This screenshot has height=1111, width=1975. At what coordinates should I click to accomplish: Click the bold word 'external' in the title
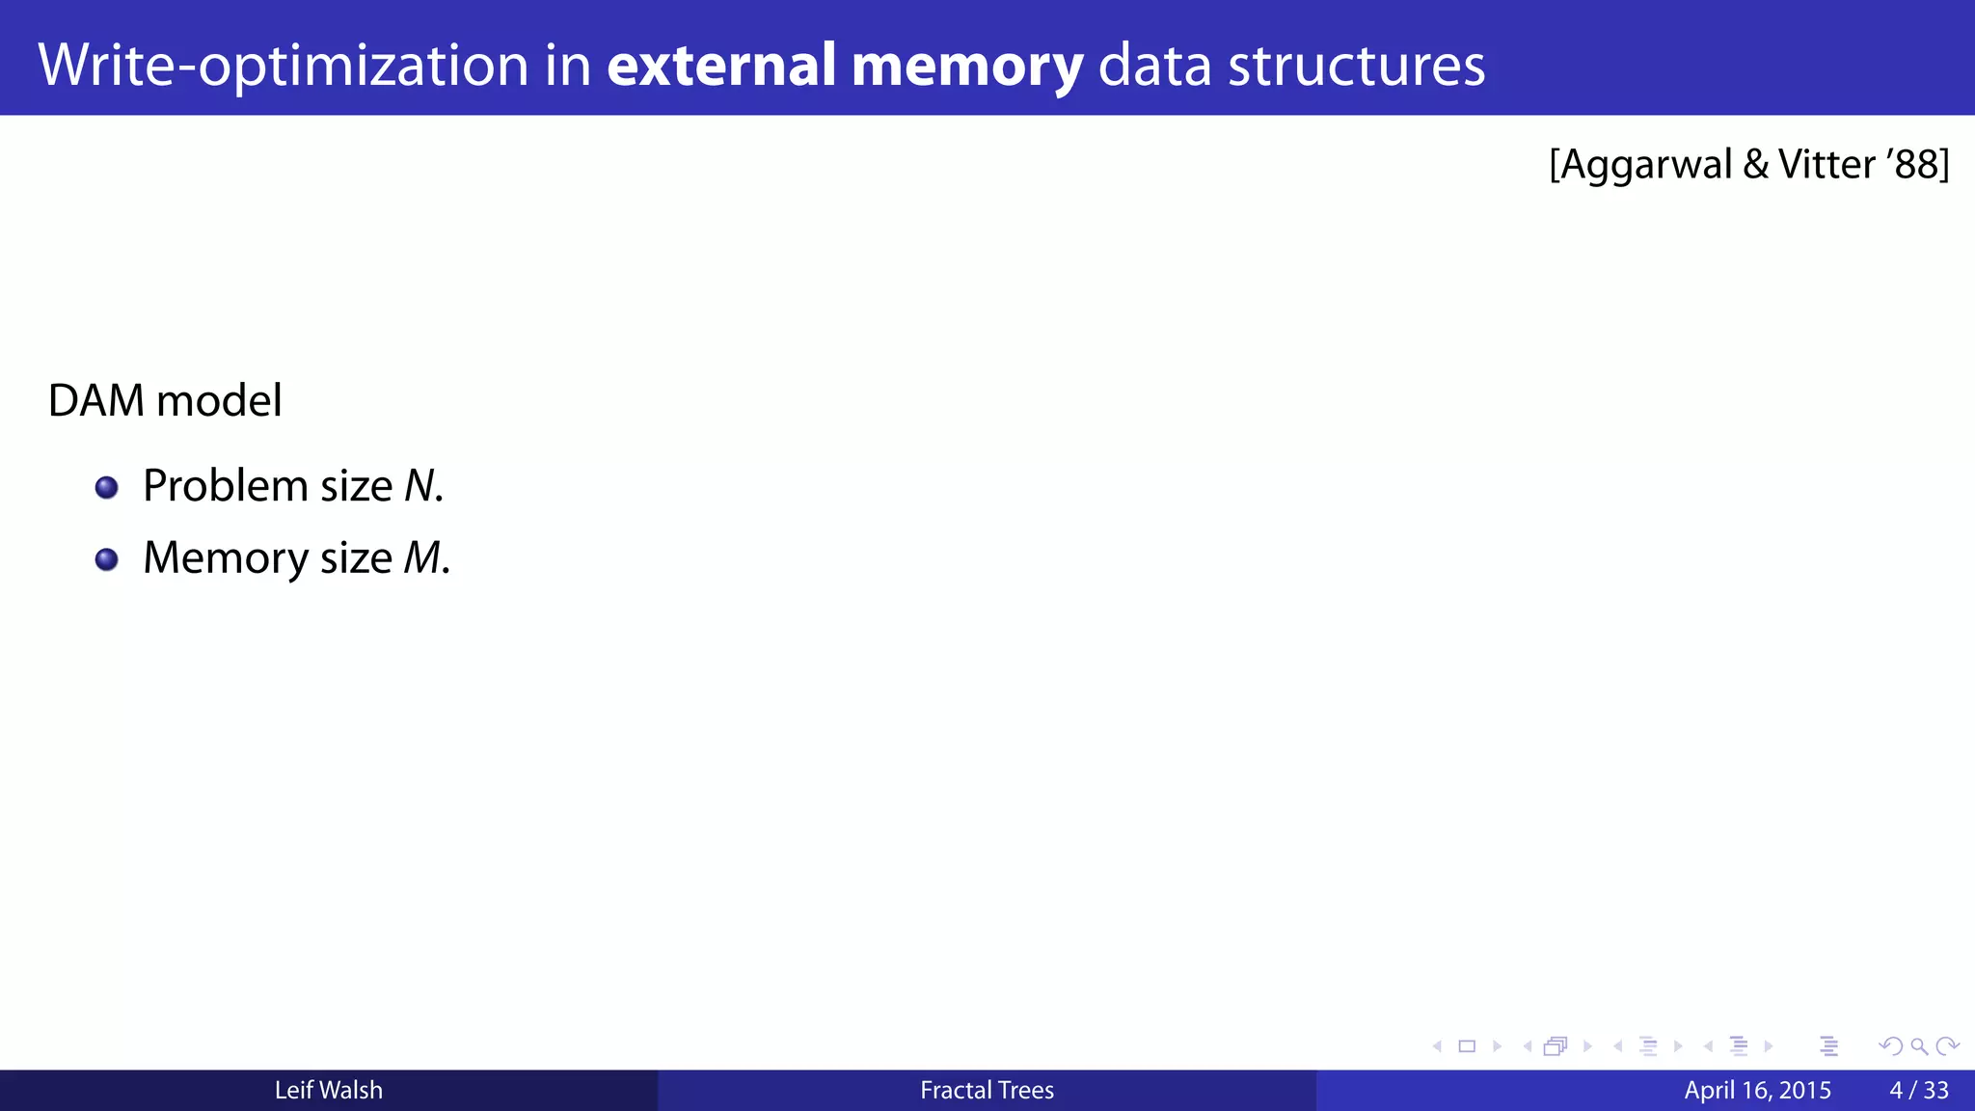pos(721,66)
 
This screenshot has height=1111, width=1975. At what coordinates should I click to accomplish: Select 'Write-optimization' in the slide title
pos(284,66)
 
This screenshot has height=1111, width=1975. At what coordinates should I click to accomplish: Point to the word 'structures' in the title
pos(1356,66)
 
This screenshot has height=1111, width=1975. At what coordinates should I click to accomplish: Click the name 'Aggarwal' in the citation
pos(1646,165)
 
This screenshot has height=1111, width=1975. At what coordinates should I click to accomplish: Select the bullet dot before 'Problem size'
pos(107,487)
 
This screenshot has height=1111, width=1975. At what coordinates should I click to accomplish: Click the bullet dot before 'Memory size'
pos(107,559)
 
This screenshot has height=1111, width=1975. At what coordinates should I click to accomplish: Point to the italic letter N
pos(419,486)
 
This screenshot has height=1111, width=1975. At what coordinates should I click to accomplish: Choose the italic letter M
pos(422,558)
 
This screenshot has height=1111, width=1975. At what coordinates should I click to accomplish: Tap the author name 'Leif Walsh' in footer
pos(328,1091)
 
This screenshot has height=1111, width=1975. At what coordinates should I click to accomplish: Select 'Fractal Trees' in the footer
pos(987,1091)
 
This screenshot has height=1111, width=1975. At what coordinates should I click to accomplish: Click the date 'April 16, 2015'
pos(1757,1091)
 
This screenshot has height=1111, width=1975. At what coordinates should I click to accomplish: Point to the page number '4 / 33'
pos(1918,1091)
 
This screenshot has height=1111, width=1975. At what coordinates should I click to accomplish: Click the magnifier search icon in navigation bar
pos(1919,1046)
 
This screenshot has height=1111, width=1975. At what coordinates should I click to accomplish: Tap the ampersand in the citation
pos(1756,165)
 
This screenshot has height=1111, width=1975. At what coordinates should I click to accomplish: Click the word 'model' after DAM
pos(220,401)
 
